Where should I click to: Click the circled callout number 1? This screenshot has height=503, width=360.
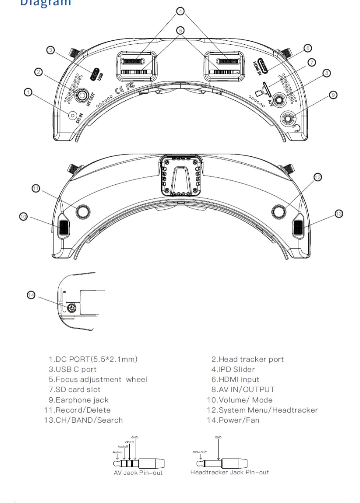[28, 92]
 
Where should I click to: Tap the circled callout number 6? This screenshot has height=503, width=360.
[308, 48]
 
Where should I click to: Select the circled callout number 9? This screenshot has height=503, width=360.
[333, 95]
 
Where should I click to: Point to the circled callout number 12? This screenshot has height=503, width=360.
[318, 177]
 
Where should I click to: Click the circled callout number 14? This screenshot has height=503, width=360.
[31, 295]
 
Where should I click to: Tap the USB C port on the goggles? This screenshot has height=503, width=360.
[95, 74]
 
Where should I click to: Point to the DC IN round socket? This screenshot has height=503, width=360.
[72, 115]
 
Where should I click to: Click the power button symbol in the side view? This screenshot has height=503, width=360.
[71, 308]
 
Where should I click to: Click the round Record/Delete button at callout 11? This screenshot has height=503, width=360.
[83, 211]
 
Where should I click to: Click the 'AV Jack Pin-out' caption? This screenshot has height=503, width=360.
[138, 473]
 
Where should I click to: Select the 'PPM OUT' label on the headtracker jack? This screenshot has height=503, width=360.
[200, 452]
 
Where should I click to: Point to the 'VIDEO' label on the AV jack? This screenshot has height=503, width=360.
[129, 442]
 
